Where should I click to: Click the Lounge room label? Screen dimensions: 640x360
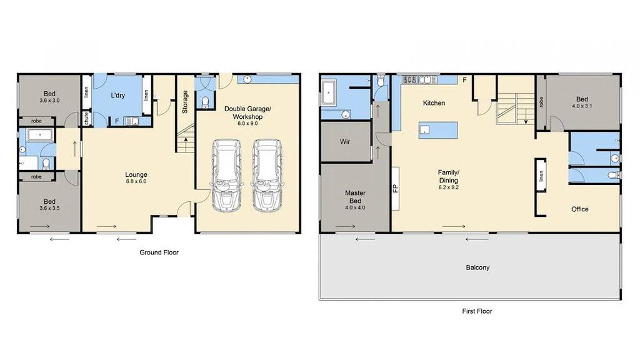pyautogui.click(x=136, y=175)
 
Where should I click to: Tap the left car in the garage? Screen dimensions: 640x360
pyautogui.click(x=226, y=176)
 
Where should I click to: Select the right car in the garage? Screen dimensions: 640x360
pyautogui.click(x=267, y=176)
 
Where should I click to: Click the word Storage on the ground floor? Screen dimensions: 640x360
pyautogui.click(x=185, y=102)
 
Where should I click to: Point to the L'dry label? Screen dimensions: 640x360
pyautogui.click(x=118, y=96)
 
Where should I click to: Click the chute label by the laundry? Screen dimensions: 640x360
pyautogui.click(x=86, y=119)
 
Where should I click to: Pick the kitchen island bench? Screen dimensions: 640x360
pyautogui.click(x=438, y=130)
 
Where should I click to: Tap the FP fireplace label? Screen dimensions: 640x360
pyautogui.click(x=395, y=189)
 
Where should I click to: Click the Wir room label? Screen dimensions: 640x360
pyautogui.click(x=345, y=142)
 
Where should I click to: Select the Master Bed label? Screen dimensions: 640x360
pyautogui.click(x=355, y=197)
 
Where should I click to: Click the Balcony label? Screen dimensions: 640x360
pyautogui.click(x=477, y=267)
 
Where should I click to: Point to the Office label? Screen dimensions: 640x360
pyautogui.click(x=579, y=209)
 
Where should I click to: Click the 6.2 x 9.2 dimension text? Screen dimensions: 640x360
pyautogui.click(x=449, y=187)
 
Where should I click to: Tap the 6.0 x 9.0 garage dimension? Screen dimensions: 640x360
pyautogui.click(x=247, y=123)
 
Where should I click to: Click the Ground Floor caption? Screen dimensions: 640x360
pyautogui.click(x=159, y=252)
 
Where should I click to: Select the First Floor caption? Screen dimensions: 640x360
pyautogui.click(x=477, y=311)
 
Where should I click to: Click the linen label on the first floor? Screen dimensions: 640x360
pyautogui.click(x=541, y=176)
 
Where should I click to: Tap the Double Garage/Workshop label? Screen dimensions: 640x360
pyautogui.click(x=247, y=112)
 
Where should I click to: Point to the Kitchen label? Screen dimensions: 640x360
pyautogui.click(x=434, y=103)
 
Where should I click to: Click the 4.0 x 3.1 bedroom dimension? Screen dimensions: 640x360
pyautogui.click(x=582, y=106)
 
